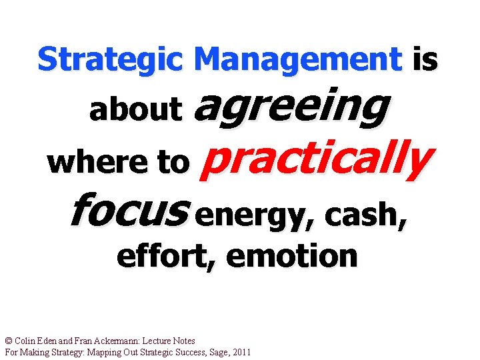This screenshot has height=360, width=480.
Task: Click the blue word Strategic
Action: (110, 60)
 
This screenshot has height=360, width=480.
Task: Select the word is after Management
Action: (425, 59)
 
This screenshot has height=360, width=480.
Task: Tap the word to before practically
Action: (172, 162)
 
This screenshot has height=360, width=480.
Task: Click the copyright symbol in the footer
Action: (8, 341)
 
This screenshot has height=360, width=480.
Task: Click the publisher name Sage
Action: (213, 351)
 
